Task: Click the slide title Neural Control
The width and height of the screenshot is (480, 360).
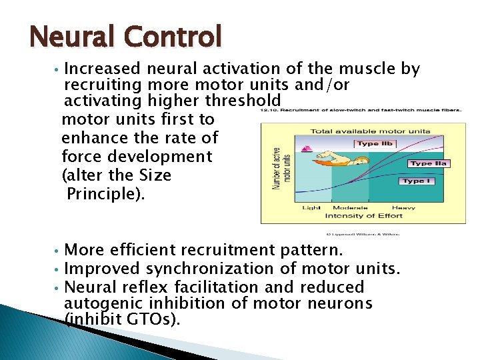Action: (x=125, y=36)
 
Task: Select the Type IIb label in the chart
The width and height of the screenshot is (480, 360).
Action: (x=377, y=143)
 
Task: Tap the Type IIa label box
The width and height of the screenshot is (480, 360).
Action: (x=429, y=163)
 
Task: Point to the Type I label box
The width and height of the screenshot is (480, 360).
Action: (x=417, y=181)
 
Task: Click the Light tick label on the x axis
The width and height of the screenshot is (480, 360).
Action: (x=311, y=207)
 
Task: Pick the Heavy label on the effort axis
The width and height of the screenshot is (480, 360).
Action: (x=404, y=207)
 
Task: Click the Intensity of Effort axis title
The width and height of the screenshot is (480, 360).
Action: (x=363, y=215)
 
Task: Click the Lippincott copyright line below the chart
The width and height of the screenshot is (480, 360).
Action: (x=366, y=233)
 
